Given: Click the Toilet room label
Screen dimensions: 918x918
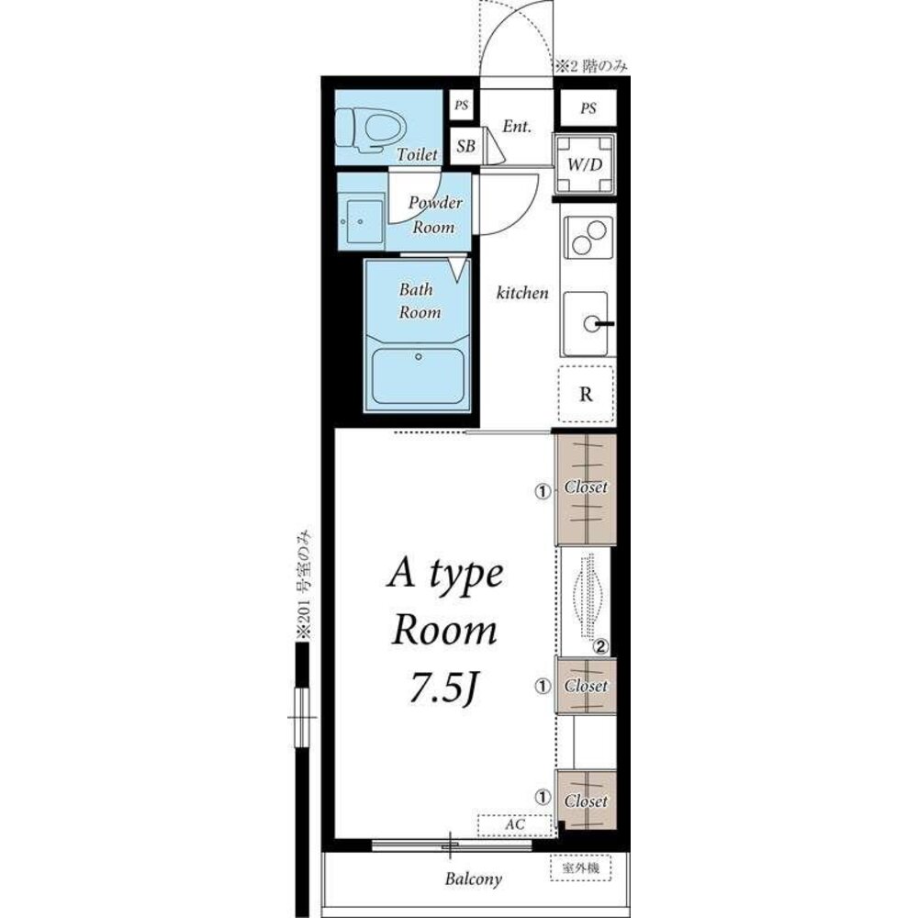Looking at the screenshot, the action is (x=417, y=154).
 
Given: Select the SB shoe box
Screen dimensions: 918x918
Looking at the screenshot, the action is (x=465, y=146).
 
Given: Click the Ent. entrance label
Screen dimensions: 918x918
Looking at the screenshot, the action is (x=517, y=126).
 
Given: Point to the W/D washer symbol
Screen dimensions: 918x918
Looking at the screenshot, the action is (x=585, y=164).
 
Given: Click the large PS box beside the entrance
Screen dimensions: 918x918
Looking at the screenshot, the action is (x=588, y=108).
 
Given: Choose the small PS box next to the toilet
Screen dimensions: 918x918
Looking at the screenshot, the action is (x=462, y=106).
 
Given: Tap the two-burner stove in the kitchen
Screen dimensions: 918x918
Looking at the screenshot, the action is (x=588, y=237).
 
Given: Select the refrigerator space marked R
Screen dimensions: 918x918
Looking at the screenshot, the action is (x=586, y=394).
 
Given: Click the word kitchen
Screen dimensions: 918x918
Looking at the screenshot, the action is (x=522, y=292).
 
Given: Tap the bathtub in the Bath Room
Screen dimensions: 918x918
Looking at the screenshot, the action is (x=418, y=375).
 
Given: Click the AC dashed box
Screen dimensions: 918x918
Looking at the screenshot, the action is (x=515, y=825).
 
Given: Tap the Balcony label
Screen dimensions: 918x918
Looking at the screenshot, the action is (x=473, y=879).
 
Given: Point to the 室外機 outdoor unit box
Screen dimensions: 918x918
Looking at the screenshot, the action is (x=581, y=868).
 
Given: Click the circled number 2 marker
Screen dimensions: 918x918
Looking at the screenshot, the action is (x=601, y=647).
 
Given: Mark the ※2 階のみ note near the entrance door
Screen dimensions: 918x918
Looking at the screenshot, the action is (x=591, y=66).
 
